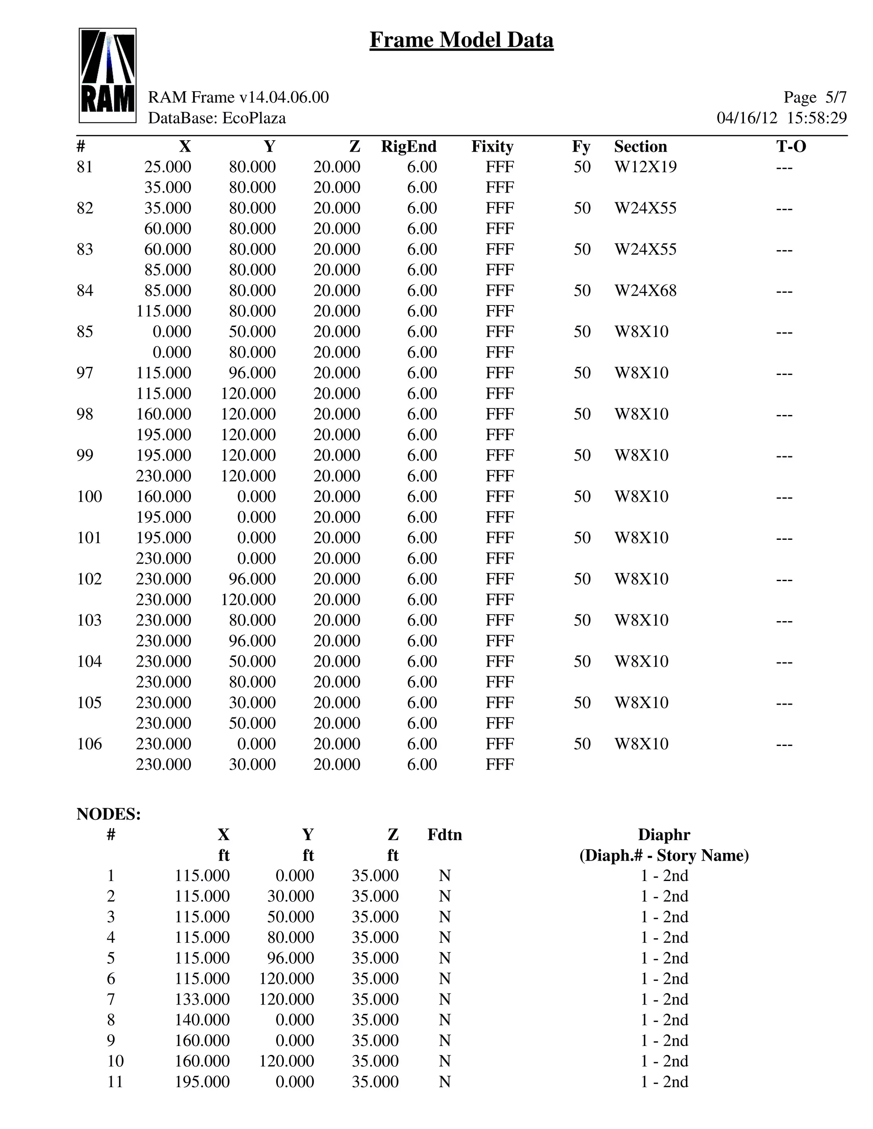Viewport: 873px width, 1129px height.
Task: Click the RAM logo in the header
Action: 107,75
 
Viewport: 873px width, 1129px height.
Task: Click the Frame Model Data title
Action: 461,40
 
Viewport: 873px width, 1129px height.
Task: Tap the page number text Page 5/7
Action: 815,97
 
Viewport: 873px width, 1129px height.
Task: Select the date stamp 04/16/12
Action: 746,118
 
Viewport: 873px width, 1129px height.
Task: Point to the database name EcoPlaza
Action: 254,118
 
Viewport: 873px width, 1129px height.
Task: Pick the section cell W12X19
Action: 645,167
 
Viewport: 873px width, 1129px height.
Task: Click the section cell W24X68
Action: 645,291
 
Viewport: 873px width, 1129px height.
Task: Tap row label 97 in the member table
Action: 85,373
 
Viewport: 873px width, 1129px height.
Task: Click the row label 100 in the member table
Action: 90,496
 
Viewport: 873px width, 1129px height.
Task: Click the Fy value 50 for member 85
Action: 582,331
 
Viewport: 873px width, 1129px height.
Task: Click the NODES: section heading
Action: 109,814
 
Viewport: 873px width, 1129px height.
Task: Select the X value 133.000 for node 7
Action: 202,999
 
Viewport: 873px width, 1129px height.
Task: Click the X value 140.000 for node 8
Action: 202,1020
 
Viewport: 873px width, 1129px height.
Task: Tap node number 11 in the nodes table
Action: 115,1081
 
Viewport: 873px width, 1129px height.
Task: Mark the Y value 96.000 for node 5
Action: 290,958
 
